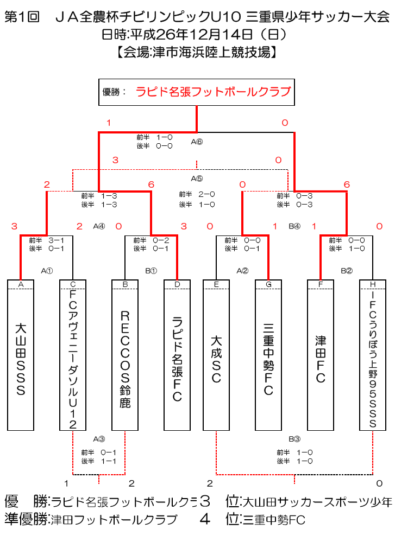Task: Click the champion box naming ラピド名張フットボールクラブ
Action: pos(196,92)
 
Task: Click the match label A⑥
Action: pos(197,142)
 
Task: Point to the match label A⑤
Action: pos(197,177)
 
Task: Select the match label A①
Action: pos(47,270)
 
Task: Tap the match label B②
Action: pos(347,270)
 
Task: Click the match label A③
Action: pos(99,438)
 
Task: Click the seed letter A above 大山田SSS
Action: pos(21,284)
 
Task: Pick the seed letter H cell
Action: pos(373,284)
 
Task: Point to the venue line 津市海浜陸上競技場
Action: pos(197,52)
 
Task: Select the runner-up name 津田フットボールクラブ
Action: pos(114,520)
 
